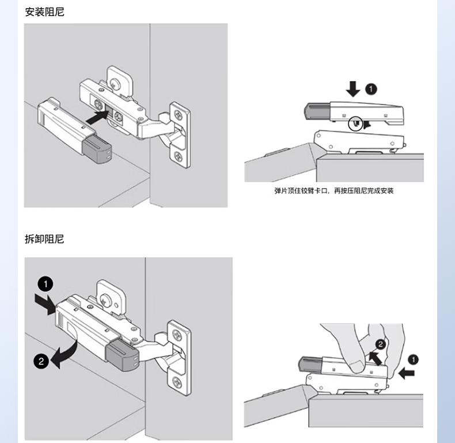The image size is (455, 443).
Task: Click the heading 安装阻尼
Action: pos(44,11)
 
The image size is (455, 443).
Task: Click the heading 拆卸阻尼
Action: pos(44,239)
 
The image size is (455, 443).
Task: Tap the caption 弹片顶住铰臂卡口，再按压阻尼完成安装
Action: pos(333,191)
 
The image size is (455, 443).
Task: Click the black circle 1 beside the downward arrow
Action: pos(371,89)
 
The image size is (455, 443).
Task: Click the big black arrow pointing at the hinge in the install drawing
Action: pos(96,116)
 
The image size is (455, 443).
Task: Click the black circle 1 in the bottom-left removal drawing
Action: pos(45,284)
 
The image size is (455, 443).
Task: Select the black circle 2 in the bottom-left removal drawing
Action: pos(41,362)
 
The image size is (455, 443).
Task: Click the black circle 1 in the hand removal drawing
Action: pos(414,359)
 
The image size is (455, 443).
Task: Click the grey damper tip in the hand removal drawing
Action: pos(310,363)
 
